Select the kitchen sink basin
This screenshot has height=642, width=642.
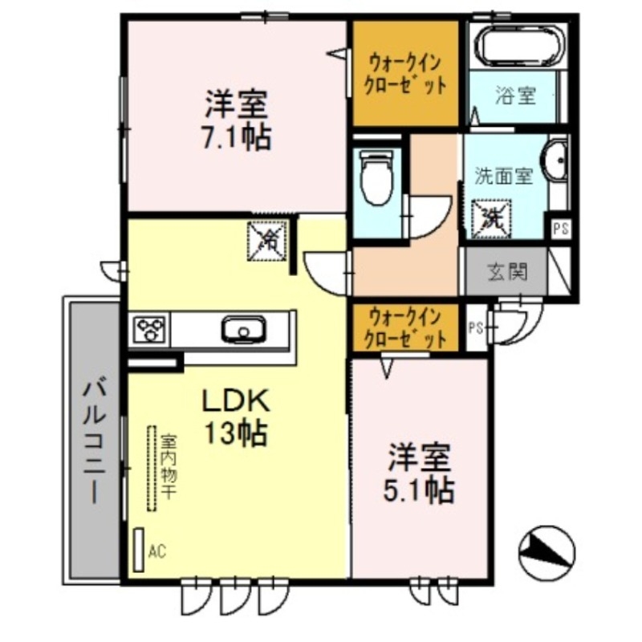pyautogui.click(x=242, y=328)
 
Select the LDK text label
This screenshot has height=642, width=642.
pyautogui.click(x=238, y=399)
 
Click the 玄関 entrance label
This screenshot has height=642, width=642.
pyautogui.click(x=508, y=273)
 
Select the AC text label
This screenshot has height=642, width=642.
pyautogui.click(x=157, y=551)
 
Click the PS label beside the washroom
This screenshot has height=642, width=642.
pyautogui.click(x=560, y=227)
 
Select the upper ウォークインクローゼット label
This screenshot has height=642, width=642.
pyautogui.click(x=406, y=73)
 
